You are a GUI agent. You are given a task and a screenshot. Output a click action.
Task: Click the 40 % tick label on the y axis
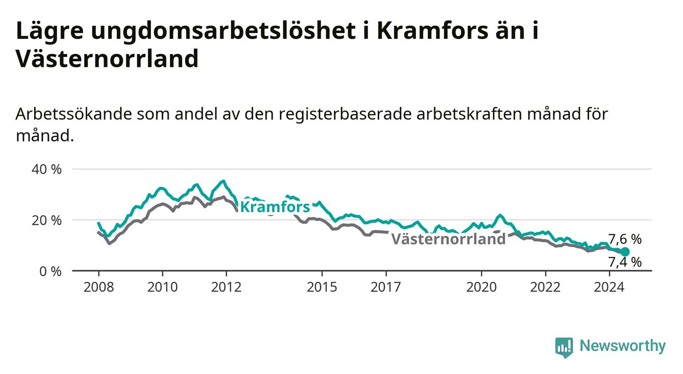46,170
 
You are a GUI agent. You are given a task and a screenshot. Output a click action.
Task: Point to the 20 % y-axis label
46,221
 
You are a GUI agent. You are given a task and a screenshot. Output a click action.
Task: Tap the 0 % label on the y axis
50,271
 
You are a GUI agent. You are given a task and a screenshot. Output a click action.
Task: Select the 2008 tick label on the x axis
98,287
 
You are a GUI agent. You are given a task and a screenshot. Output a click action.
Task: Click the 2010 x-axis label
163,287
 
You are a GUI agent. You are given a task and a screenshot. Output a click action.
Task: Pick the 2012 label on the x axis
226,287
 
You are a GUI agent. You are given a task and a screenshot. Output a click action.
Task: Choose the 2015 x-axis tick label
322,287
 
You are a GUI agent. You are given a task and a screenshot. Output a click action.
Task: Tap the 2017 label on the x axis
386,287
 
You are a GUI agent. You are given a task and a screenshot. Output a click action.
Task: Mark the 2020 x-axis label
482,287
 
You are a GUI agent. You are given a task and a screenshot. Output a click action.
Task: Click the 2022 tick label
545,287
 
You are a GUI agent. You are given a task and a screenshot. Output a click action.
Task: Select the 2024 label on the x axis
609,287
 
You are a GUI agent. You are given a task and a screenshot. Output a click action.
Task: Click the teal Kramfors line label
275,207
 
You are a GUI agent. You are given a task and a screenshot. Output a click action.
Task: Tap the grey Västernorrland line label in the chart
449,238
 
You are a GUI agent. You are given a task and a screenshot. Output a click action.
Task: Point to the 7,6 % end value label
625,239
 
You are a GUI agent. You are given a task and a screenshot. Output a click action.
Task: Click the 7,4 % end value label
625,262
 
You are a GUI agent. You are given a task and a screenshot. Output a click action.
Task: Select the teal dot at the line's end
625,252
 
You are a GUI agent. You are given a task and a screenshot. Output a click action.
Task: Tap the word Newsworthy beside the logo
623,346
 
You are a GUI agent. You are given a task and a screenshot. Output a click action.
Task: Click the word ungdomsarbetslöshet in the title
223,32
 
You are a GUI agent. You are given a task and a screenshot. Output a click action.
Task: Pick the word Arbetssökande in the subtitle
74,114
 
